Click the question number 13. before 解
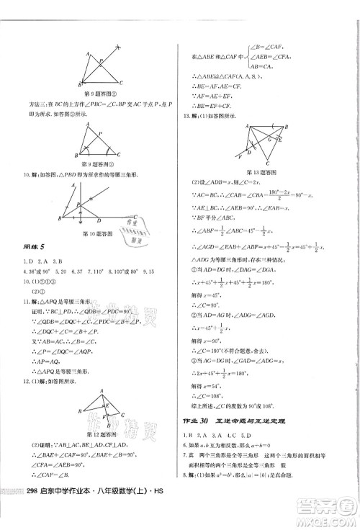click(x=186, y=115)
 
